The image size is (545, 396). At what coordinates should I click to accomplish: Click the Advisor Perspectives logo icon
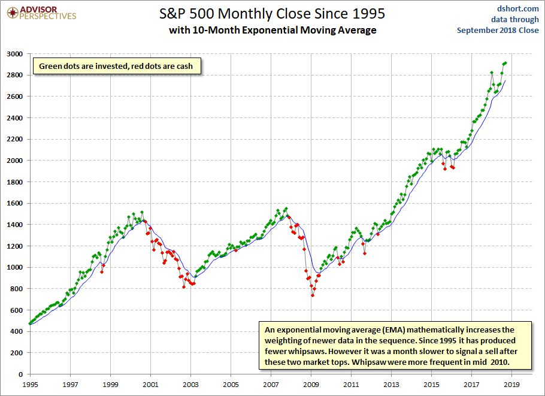point(13,13)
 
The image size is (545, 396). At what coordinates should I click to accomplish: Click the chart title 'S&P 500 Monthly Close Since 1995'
point(272,14)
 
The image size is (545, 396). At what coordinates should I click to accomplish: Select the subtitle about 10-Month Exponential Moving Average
point(272,30)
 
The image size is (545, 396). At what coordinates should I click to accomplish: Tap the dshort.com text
point(517,9)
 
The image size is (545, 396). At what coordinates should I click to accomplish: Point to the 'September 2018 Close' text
point(498,30)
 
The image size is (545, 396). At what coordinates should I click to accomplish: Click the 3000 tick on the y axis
point(14,54)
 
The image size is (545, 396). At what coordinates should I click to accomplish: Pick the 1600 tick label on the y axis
point(14,203)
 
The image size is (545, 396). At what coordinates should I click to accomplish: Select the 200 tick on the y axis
point(17,353)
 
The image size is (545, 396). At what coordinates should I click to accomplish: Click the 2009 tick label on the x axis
point(311,385)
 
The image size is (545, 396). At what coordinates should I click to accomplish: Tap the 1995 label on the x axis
point(30,385)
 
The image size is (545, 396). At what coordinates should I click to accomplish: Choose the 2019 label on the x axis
point(511,385)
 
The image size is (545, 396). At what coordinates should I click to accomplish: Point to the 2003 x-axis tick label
point(190,385)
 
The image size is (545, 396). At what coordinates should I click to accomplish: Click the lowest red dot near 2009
point(313,295)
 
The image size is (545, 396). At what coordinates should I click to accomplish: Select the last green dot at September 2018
point(505,63)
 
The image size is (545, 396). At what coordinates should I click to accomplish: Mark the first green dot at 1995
point(30,324)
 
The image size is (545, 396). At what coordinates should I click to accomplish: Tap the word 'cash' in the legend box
point(184,66)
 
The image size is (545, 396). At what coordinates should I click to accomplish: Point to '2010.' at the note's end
point(500,362)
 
